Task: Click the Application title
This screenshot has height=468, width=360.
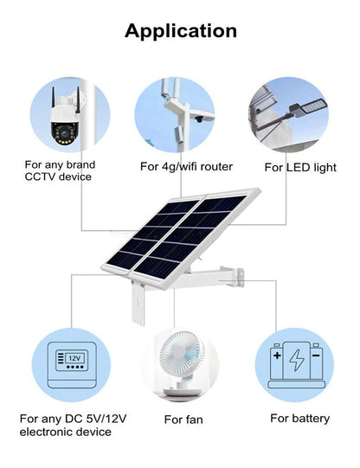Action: pyautogui.click(x=180, y=31)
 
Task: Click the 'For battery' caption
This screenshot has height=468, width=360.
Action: pyautogui.click(x=299, y=418)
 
